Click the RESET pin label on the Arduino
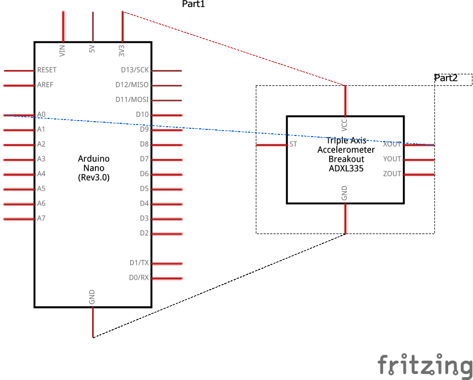pyautogui.click(x=47, y=70)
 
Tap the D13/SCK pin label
pyautogui.click(x=135, y=70)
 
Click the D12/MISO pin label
pyautogui.click(x=132, y=85)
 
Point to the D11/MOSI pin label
pyautogui.click(x=132, y=100)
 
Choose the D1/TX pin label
pyautogui.click(x=139, y=263)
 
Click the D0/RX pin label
pyautogui.click(x=139, y=278)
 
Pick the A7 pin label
pyautogui.click(x=41, y=219)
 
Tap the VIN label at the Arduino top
pyautogui.click(x=62, y=51)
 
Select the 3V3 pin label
pyautogui.click(x=122, y=51)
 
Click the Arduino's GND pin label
pyautogui.click(x=92, y=297)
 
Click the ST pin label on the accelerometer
pyautogui.click(x=293, y=145)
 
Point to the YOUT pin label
pyautogui.click(x=392, y=160)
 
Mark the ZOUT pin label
pyautogui.click(x=392, y=175)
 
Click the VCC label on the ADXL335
pyautogui.click(x=345, y=124)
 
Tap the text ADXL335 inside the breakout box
pyautogui.click(x=346, y=169)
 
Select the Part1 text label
pyautogui.click(x=193, y=4)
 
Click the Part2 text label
pyautogui.click(x=446, y=78)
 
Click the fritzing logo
pyautogui.click(x=425, y=365)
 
